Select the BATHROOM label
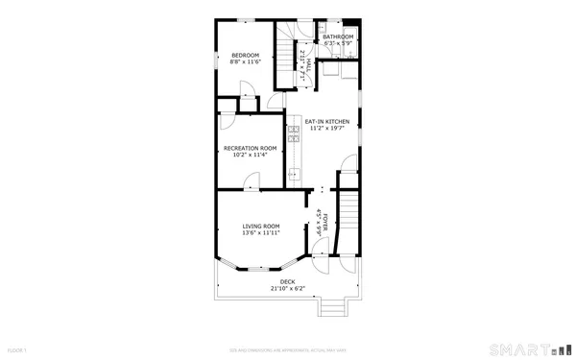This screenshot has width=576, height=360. coord(338,36)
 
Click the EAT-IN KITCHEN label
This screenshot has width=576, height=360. coord(327,121)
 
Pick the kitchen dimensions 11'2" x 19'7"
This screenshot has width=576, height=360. coord(327,128)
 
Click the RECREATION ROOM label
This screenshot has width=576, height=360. coord(250,148)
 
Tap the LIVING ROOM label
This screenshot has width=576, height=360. coord(261,226)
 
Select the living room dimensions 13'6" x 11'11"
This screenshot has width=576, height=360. coord(261,232)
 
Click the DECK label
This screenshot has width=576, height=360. coord(287,281)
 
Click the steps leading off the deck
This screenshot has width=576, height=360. coord(331,306)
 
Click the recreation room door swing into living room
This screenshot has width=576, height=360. coord(252,180)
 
